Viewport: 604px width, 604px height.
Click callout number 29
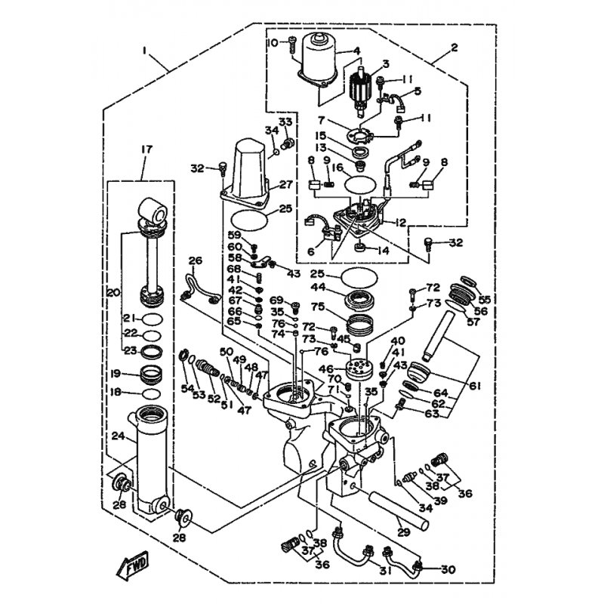coord(402,532)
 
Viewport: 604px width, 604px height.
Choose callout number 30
coord(448,569)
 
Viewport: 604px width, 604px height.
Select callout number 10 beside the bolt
coord(273,42)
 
